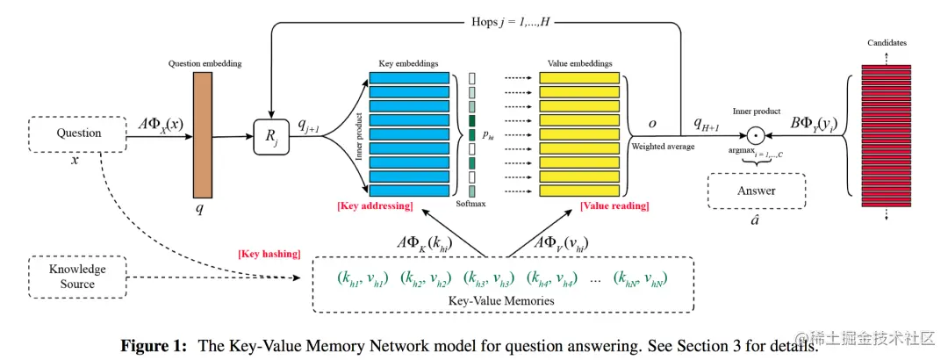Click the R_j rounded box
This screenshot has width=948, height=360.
click(271, 138)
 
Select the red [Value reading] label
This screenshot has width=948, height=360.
click(614, 206)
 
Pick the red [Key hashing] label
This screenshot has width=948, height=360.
click(269, 254)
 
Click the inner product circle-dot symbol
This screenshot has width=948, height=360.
click(754, 136)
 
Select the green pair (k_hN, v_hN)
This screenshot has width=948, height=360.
click(641, 279)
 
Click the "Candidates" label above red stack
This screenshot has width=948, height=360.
click(886, 43)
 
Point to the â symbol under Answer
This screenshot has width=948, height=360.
click(755, 220)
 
